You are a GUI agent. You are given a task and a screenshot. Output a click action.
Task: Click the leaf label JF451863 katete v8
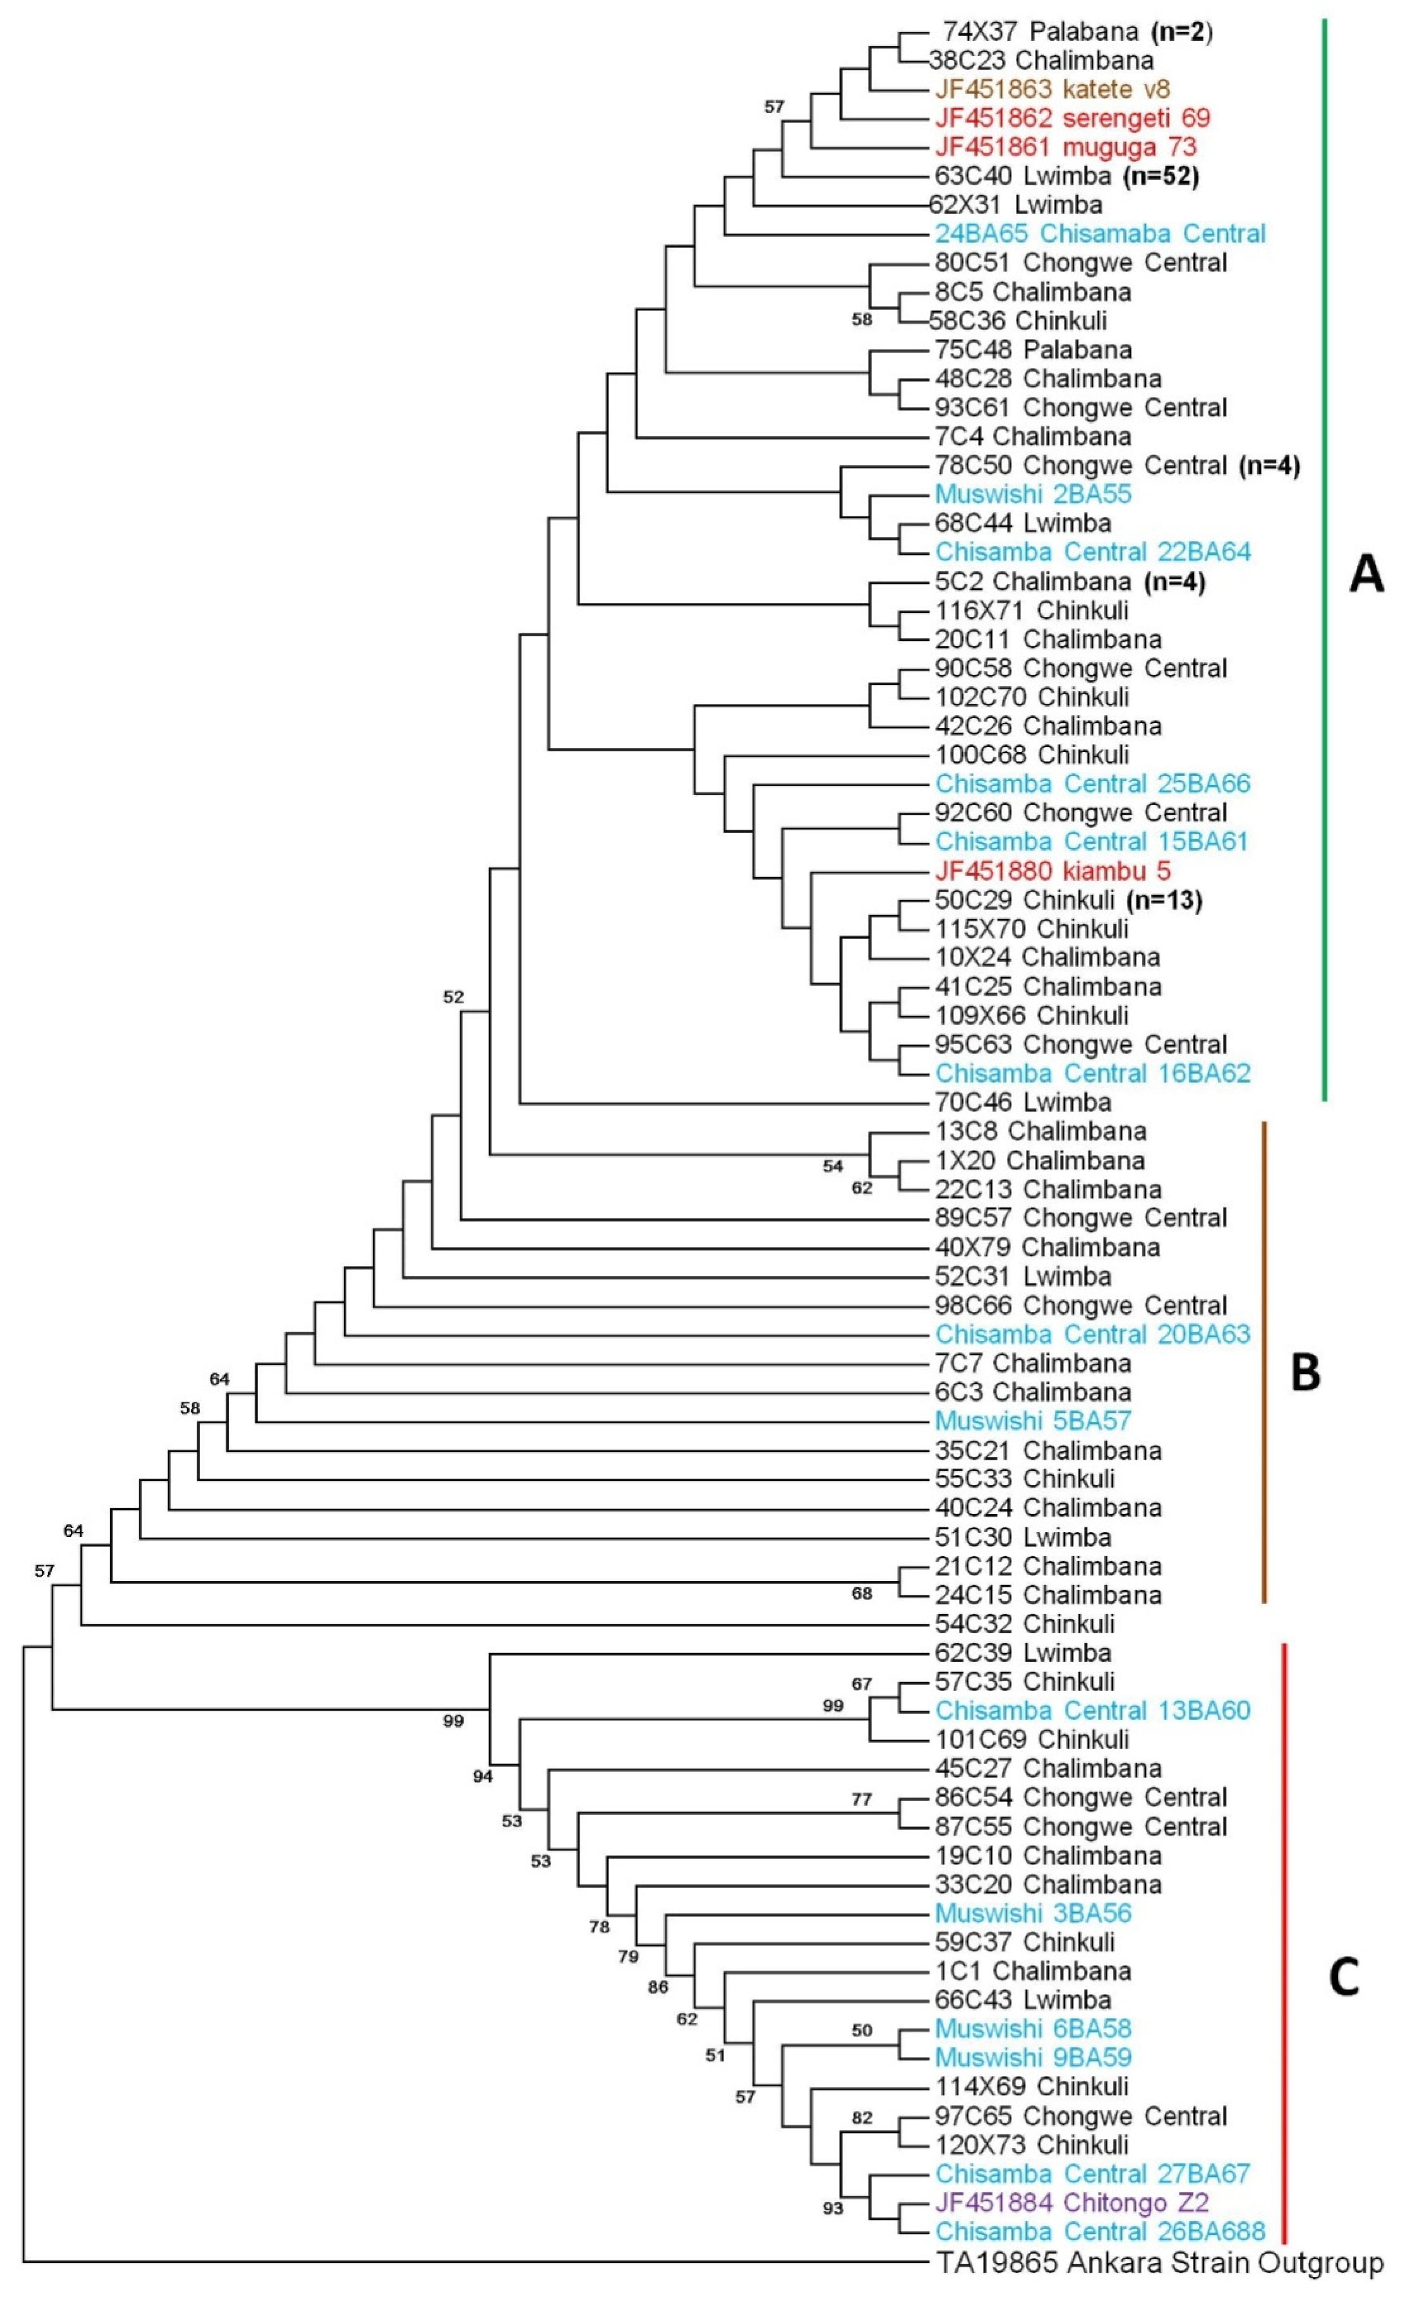tap(1052, 90)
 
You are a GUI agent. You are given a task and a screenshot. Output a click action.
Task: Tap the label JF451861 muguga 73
tap(1065, 147)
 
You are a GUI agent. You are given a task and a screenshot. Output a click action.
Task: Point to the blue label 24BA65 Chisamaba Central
tap(1100, 234)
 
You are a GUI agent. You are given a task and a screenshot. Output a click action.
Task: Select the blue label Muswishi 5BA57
tap(1033, 1421)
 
